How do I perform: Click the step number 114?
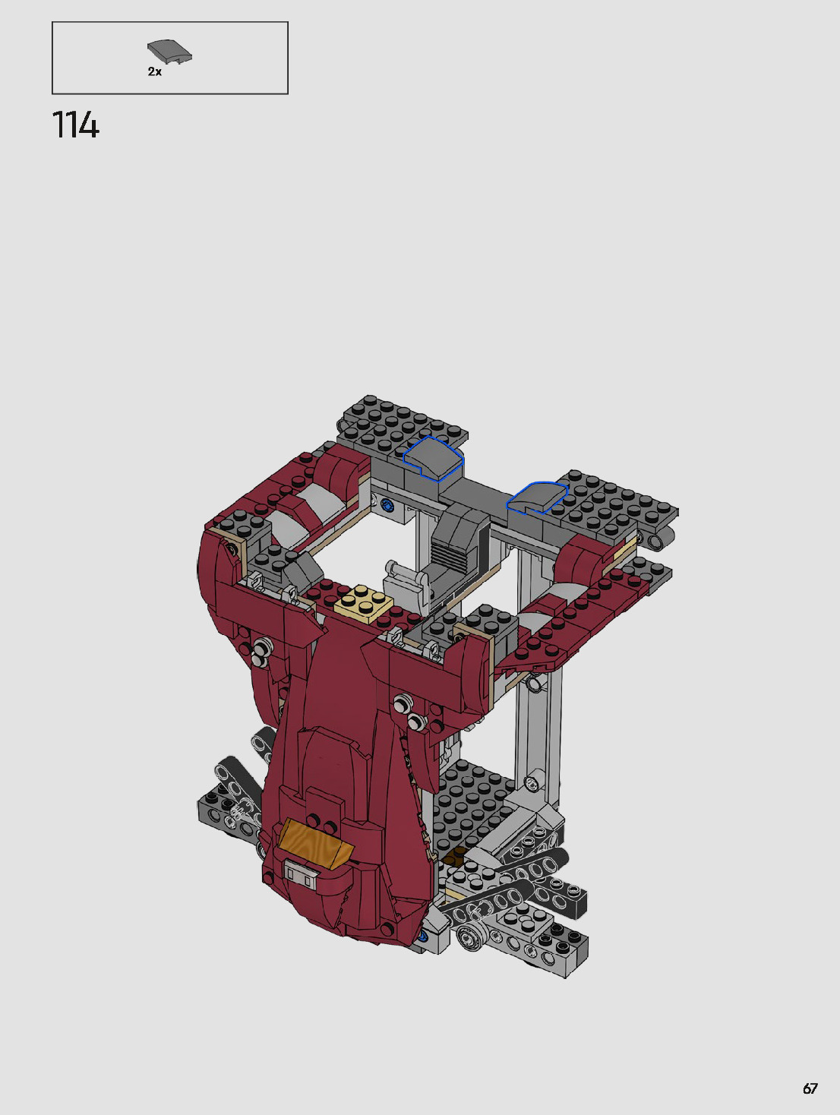coord(76,125)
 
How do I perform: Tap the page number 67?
coord(810,1088)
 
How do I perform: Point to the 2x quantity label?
coord(155,71)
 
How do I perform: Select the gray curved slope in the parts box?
coord(169,52)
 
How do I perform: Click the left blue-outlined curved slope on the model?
coord(433,458)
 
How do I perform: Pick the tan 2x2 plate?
coord(363,603)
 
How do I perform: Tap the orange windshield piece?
coord(315,844)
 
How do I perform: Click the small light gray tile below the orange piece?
coord(300,873)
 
